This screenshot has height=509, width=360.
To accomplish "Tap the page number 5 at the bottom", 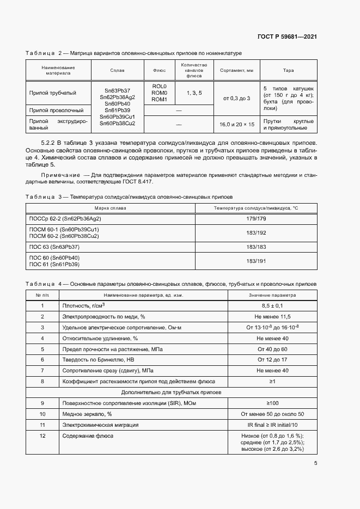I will pyautogui.click(x=316, y=464).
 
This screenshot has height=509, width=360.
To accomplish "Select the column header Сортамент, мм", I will pyautogui.click(x=236, y=70).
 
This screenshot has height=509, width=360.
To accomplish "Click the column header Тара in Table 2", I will pyautogui.click(x=288, y=70).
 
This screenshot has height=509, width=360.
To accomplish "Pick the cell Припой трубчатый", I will pyautogui.click(x=52, y=93).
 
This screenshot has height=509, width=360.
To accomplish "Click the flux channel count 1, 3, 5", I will pyautogui.click(x=194, y=93).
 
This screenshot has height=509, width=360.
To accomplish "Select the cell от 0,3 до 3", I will pyautogui.click(x=236, y=98).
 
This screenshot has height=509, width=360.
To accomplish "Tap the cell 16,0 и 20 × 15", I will pyautogui.click(x=236, y=124).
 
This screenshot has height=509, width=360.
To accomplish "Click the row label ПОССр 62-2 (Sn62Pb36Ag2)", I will pyautogui.click(x=65, y=218).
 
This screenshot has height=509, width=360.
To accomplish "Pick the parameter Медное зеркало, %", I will pyautogui.click(x=89, y=414).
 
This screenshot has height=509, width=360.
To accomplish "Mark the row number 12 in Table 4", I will pyautogui.click(x=42, y=436).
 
